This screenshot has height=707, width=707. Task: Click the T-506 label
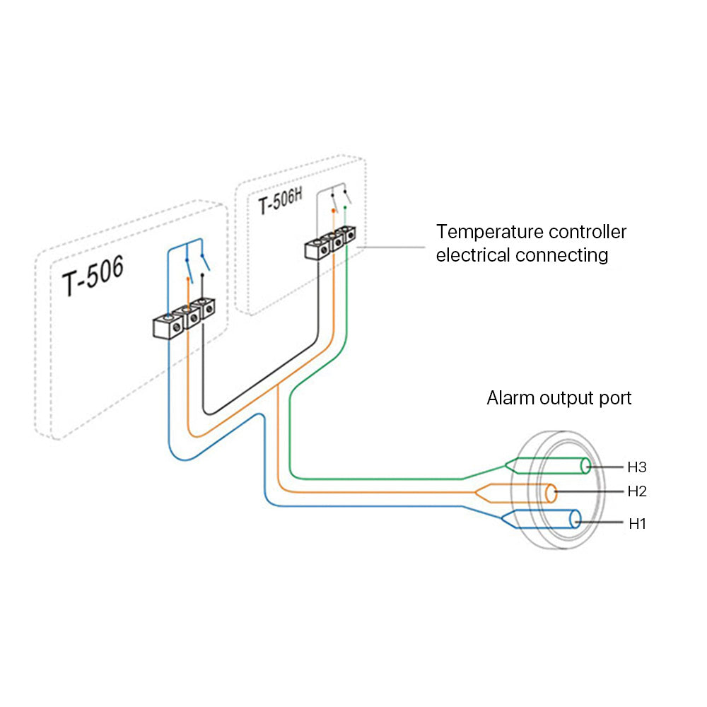[x=92, y=277]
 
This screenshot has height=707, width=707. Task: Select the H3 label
[x=637, y=467]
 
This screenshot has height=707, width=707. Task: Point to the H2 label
[x=637, y=491]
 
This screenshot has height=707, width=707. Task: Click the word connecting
[x=562, y=255]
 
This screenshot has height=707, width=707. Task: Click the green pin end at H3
[x=586, y=466]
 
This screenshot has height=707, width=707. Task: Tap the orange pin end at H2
[x=551, y=492]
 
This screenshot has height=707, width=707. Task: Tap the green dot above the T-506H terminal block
[x=345, y=207]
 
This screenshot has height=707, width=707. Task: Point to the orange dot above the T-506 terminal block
[x=187, y=280]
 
